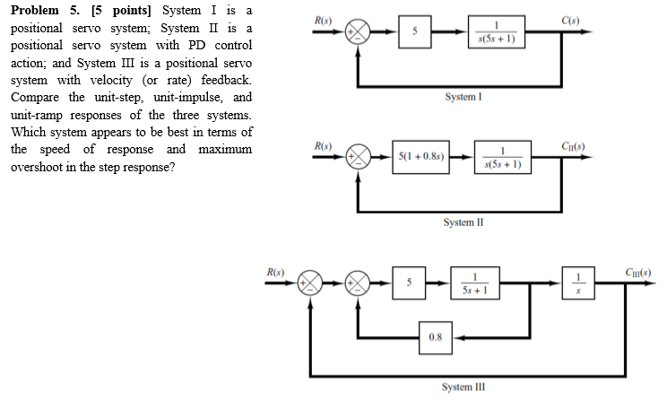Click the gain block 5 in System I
point(414,31)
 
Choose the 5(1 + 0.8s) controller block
point(425,157)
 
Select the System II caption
point(465,222)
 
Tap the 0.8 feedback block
point(434,336)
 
